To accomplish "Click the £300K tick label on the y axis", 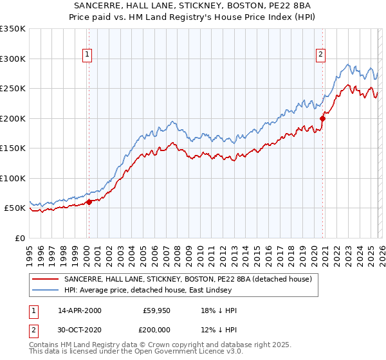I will pyautogui.click(x=13, y=59).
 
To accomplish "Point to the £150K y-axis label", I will pyautogui.click(x=13, y=148).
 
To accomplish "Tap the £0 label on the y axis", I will pyautogui.click(x=19, y=238).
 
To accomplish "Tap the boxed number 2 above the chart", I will pyautogui.click(x=320, y=55).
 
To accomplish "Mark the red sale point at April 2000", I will pyautogui.click(x=89, y=202).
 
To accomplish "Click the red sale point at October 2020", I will pyautogui.click(x=323, y=118).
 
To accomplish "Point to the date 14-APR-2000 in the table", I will pyautogui.click(x=79, y=310).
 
